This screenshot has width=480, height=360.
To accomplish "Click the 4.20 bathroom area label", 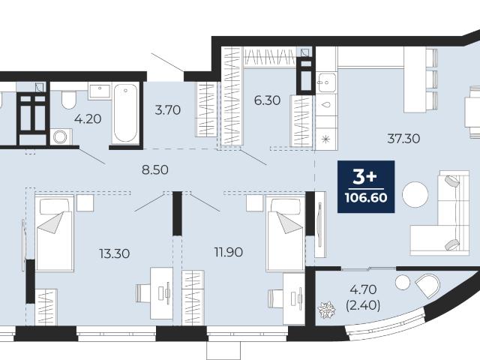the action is point(88,118).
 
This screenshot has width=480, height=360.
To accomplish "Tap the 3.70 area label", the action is point(167,110).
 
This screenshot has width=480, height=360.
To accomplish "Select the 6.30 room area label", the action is point(267,100).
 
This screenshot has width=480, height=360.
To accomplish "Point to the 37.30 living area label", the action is point(403,139).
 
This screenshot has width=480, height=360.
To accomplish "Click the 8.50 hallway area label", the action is point(155,169).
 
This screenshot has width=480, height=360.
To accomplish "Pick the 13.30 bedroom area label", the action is point(115,253).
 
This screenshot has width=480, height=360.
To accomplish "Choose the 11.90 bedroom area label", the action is point(228,252).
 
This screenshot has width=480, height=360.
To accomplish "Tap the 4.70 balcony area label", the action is point(363,289).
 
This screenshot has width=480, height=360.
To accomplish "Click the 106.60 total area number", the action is point(366,198).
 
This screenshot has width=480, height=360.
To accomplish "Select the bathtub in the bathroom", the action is point(125,113).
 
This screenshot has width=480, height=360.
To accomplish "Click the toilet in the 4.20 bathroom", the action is point(68,100).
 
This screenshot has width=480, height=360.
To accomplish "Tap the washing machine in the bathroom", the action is point(61,136).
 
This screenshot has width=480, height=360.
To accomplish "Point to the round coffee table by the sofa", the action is point(415,195).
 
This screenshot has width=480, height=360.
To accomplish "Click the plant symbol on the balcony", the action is point(327,310).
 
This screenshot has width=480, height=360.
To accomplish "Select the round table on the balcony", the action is point(402,282).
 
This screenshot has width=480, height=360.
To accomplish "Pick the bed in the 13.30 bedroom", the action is point(55,233).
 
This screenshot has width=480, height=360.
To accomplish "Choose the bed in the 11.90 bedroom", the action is point(286,233).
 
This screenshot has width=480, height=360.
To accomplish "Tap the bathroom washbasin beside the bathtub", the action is point(100,91).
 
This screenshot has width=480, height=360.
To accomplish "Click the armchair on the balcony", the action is point(427,286).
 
